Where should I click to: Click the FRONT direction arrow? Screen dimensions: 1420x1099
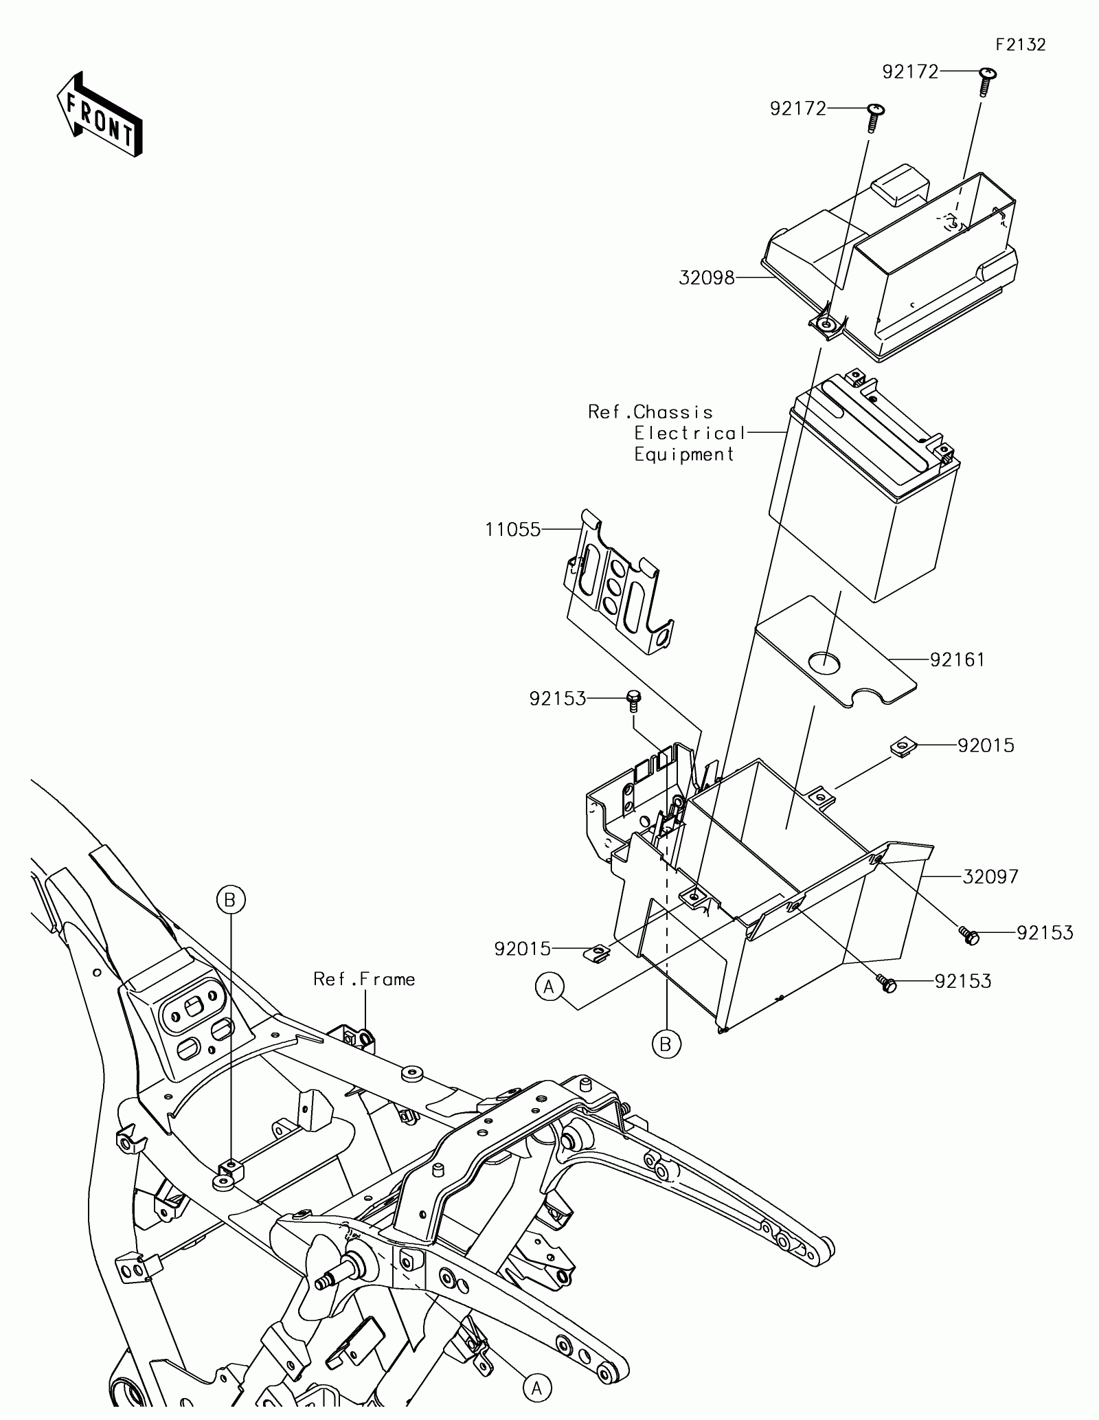(x=100, y=114)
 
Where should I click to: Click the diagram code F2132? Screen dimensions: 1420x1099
(x=1021, y=45)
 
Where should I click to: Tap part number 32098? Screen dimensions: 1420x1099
(x=707, y=278)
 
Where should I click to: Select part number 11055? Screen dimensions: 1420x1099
(x=512, y=530)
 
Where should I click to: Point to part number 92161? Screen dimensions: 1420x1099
(x=958, y=660)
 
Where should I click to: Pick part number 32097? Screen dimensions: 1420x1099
(x=990, y=877)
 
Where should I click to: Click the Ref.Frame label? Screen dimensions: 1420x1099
(x=364, y=978)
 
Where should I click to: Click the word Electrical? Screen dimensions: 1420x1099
(x=689, y=433)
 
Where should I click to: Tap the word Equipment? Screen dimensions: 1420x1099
(x=684, y=455)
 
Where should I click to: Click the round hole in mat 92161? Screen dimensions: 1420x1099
(x=824, y=662)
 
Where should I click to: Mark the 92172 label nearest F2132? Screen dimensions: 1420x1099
(x=910, y=72)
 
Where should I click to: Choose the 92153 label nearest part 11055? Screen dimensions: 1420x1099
(x=557, y=699)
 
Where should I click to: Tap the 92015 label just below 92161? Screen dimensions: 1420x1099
(x=986, y=745)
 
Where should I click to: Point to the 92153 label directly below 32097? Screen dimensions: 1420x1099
(x=1044, y=932)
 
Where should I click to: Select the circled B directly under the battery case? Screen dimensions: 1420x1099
(x=665, y=1063)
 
